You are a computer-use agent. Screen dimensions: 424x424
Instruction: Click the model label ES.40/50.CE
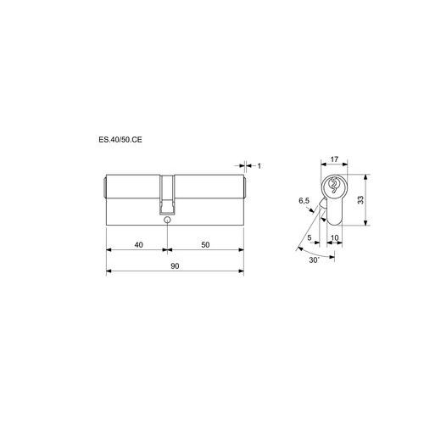click(120, 140)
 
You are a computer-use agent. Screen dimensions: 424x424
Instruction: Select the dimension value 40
click(138, 245)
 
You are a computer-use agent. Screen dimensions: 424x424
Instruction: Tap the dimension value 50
click(205, 245)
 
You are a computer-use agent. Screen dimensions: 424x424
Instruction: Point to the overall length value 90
click(175, 266)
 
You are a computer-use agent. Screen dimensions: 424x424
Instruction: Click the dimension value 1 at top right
click(259, 166)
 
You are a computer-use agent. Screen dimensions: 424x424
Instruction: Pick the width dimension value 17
click(334, 159)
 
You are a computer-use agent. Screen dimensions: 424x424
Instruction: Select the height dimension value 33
click(360, 200)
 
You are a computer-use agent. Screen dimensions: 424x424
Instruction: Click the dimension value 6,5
click(304, 201)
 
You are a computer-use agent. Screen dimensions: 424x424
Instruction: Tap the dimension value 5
click(310, 237)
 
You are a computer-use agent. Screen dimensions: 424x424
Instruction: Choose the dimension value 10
click(334, 238)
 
